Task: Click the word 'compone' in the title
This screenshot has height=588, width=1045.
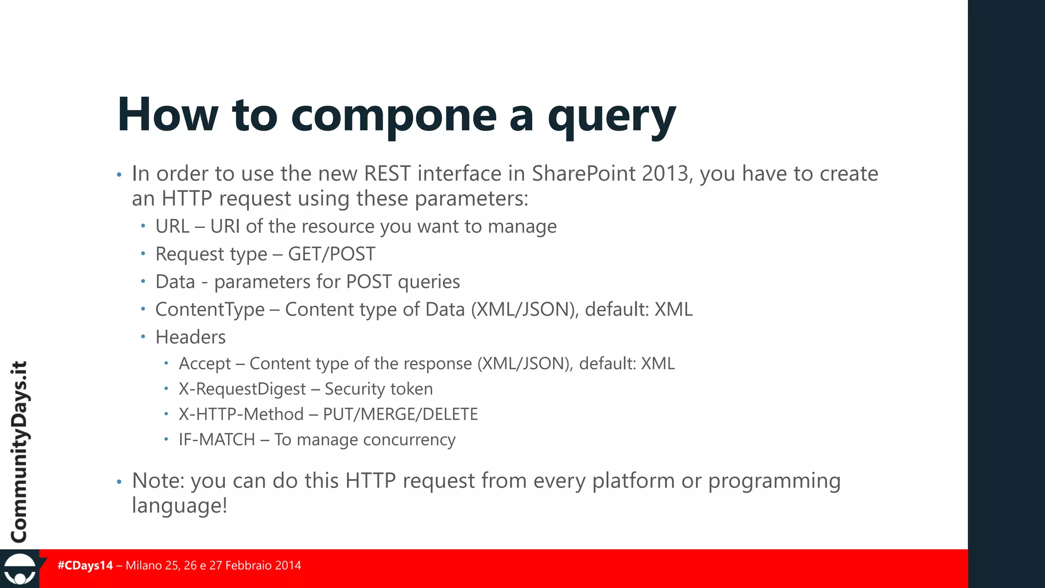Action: point(393,115)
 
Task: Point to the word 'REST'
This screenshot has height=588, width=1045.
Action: point(387,174)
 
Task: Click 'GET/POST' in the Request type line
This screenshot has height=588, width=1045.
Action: point(332,254)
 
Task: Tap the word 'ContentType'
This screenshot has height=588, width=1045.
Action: point(210,309)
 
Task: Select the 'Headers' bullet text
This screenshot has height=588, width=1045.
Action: point(190,337)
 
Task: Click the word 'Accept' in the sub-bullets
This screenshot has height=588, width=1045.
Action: point(205,363)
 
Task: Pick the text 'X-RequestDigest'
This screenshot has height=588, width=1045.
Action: point(242,389)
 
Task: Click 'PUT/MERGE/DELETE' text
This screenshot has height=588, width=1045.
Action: point(401,414)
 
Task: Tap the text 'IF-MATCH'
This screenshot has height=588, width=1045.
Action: point(217,439)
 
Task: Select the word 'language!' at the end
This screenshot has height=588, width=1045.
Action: point(179,506)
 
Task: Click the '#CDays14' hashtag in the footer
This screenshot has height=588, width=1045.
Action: point(85,566)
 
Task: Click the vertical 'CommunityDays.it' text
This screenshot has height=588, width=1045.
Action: point(19,452)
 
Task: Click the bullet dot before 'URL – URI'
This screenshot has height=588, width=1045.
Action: point(143,226)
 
